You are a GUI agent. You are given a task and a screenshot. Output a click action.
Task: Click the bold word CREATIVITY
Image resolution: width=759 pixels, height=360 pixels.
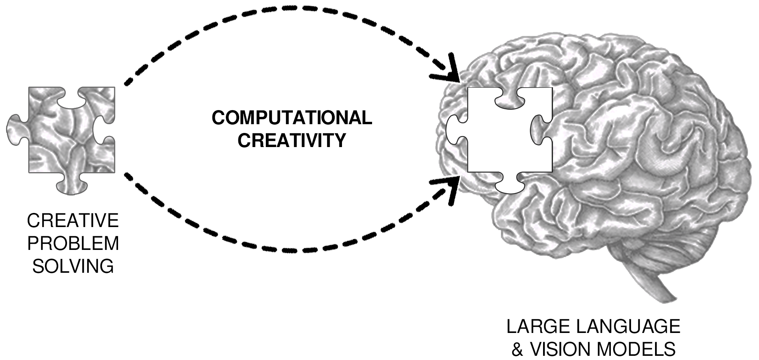292,140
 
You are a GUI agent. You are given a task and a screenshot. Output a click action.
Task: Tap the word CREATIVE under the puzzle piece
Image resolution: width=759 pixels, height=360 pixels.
73,221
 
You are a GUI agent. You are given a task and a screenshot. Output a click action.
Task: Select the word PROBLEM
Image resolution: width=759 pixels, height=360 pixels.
73,243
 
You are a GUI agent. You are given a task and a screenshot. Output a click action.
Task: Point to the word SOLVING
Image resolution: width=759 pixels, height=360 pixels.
73,266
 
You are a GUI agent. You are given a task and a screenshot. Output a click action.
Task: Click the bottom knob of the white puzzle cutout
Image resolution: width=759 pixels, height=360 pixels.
510,185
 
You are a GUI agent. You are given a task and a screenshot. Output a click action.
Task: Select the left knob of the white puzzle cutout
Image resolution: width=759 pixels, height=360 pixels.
455,130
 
